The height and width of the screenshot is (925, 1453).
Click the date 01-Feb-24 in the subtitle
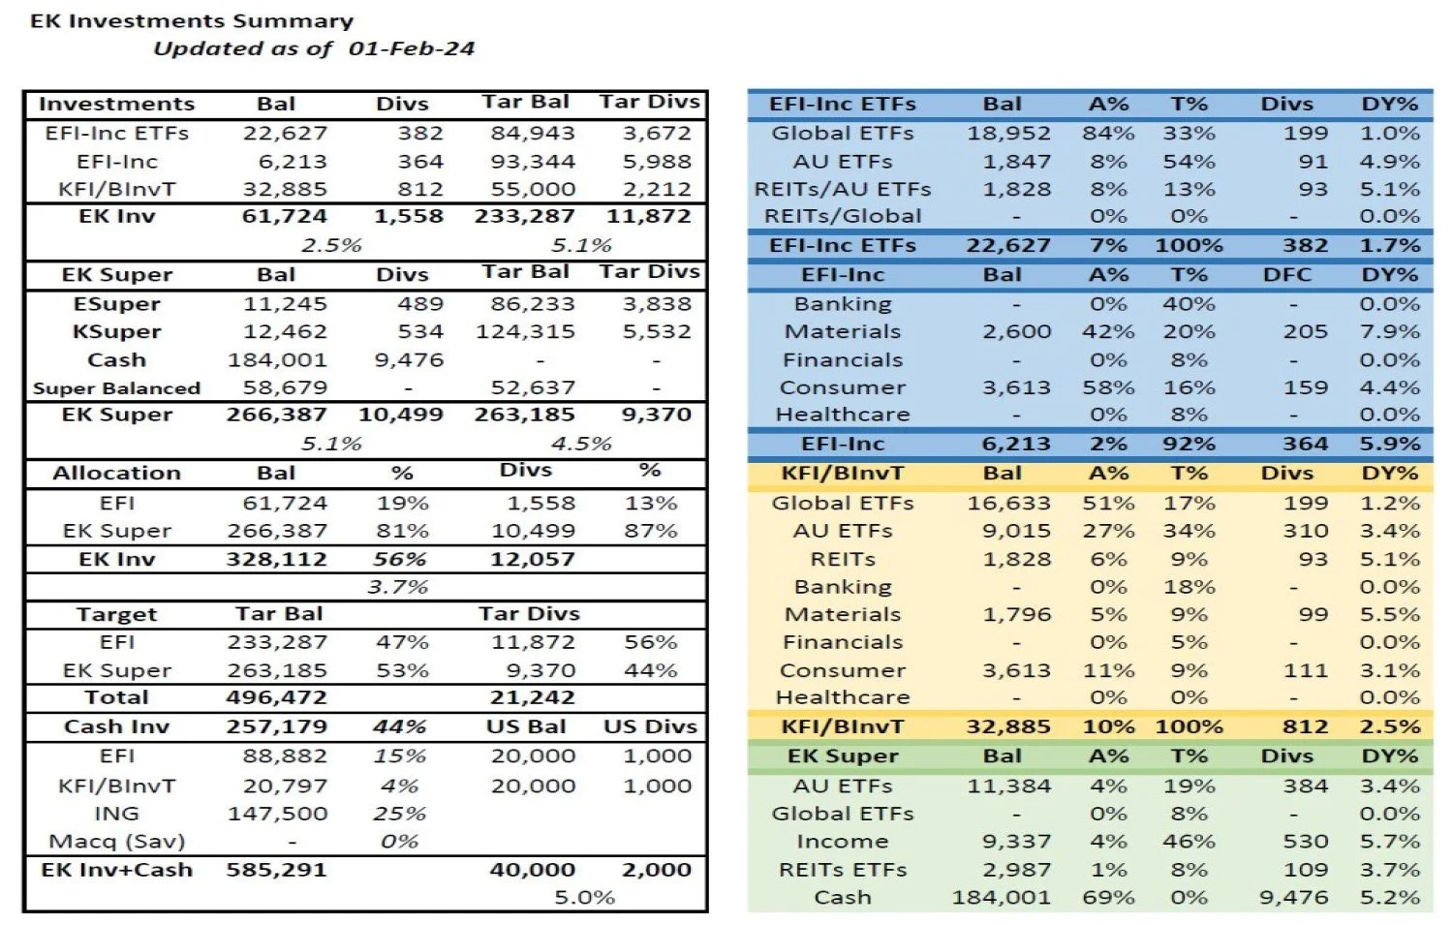tap(412, 48)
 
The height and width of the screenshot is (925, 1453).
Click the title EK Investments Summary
tap(192, 20)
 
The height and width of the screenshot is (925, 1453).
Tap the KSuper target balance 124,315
tap(525, 331)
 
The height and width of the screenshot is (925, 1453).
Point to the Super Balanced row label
tap(116, 388)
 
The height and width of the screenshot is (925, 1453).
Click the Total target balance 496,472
tap(276, 697)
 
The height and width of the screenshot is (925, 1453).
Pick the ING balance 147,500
tap(277, 814)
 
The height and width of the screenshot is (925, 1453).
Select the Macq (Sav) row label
tap(116, 841)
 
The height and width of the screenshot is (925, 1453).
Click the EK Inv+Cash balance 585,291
tap(276, 870)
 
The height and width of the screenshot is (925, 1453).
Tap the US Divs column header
tap(650, 726)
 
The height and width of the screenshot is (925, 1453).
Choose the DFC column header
tap(1286, 275)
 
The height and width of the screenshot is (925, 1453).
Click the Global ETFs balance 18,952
tap(1008, 133)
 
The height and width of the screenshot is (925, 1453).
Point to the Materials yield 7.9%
tap(1389, 331)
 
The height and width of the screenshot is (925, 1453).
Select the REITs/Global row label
tap(843, 216)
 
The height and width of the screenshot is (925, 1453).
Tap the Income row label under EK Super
tap(842, 841)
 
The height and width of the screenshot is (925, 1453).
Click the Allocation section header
tap(116, 474)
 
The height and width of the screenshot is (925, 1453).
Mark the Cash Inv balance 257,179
tap(276, 726)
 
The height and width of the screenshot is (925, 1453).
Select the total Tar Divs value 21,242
tap(532, 697)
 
